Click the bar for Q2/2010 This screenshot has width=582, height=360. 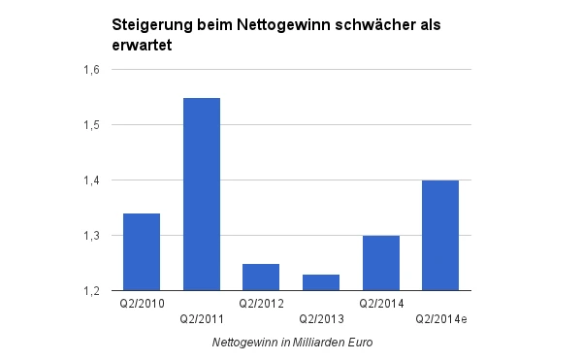pyautogui.click(x=141, y=251)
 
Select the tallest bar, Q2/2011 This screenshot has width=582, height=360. pyautogui.click(x=201, y=194)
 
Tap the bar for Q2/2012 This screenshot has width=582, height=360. pyautogui.click(x=261, y=277)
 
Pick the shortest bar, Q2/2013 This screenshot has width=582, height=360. pyautogui.click(x=321, y=282)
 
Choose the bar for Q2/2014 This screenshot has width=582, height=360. pyautogui.click(x=380, y=263)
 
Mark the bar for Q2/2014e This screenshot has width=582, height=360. pyautogui.click(x=440, y=235)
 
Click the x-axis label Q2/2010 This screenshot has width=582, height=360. pyautogui.click(x=141, y=303)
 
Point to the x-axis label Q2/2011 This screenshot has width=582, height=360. pyautogui.click(x=201, y=317)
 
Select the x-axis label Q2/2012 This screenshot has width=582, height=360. pyautogui.click(x=261, y=303)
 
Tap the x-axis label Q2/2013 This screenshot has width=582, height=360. pyautogui.click(x=321, y=317)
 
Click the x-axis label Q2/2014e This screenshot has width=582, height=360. pyautogui.click(x=441, y=317)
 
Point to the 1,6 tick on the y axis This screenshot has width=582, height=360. pyautogui.click(x=93, y=70)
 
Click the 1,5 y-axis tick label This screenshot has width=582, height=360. pyautogui.click(x=93, y=125)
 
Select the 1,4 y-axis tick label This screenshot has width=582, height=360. pyautogui.click(x=93, y=180)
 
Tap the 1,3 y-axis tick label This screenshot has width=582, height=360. pyautogui.click(x=93, y=236)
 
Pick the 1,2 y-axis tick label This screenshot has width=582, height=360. pyautogui.click(x=93, y=291)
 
